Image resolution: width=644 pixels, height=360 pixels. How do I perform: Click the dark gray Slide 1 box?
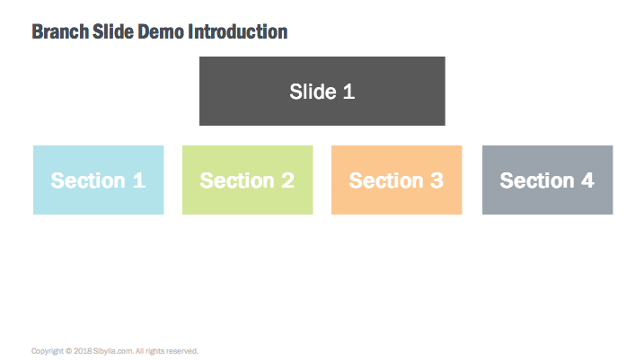coord(322,92)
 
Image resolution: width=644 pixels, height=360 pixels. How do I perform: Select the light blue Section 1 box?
coord(99,180)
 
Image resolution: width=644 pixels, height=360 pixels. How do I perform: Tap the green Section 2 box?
coord(248,180)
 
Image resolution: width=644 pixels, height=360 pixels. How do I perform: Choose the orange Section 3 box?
coord(397,180)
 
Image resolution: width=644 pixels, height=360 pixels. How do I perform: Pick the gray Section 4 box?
coord(548,180)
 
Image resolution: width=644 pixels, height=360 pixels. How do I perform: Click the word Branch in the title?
coord(60,31)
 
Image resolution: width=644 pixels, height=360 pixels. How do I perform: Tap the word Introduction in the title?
coord(238,31)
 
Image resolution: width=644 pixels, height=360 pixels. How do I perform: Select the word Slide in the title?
coord(113,31)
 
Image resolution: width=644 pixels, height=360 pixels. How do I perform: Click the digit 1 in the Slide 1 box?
coord(348,92)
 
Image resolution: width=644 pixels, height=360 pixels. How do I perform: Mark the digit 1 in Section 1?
coord(139,180)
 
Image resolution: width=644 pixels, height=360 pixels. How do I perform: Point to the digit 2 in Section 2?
coord(287,180)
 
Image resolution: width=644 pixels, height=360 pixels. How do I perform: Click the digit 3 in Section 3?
coord(437,180)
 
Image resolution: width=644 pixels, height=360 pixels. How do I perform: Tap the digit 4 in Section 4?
coord(587,180)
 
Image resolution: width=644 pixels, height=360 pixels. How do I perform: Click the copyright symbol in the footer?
coord(68,351)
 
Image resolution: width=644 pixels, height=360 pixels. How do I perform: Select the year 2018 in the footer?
coord(83,351)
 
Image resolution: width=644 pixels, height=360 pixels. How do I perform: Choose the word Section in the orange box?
coord(386,180)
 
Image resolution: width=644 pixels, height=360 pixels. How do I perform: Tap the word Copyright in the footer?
coord(48,351)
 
